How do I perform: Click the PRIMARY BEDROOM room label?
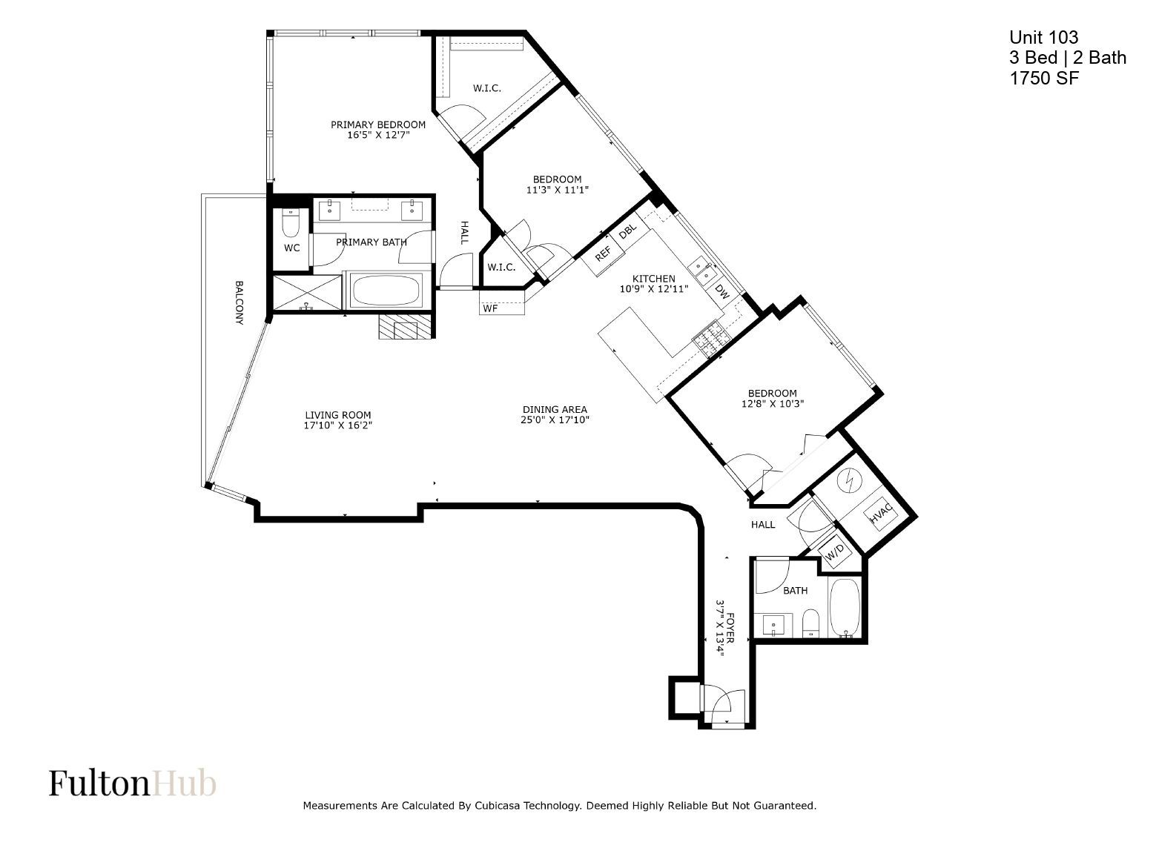[x=378, y=125]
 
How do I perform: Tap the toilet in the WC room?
[x=291, y=223]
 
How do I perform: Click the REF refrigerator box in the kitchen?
[x=603, y=254]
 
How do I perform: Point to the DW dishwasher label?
[x=722, y=291]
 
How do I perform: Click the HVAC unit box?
[x=881, y=514]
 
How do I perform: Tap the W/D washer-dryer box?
[x=835, y=554]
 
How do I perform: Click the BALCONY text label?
[x=240, y=302]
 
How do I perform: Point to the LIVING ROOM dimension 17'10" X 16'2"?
[x=338, y=425]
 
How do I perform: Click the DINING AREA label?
[x=555, y=409]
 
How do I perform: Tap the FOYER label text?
[x=730, y=627]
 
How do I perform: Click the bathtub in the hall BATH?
[x=845, y=609]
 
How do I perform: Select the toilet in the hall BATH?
[x=810, y=623]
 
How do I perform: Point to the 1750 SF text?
[x=1044, y=78]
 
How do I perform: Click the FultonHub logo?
[x=133, y=783]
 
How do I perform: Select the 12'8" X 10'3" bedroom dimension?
[x=773, y=404]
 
